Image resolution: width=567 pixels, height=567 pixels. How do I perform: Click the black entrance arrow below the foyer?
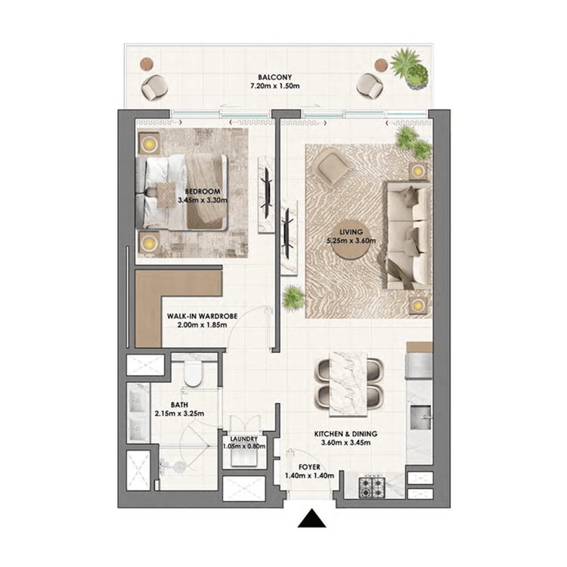pos(311,519)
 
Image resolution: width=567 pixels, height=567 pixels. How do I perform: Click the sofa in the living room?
pos(408,235)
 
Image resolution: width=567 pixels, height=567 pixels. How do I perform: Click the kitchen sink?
pos(420,415)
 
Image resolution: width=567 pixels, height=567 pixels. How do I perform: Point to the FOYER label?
pos(309,467)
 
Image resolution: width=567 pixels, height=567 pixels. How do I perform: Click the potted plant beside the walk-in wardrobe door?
pos(294,297)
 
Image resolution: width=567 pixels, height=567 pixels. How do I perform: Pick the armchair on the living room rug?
pos(331,166)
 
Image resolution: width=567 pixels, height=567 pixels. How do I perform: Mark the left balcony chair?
pos(155,87)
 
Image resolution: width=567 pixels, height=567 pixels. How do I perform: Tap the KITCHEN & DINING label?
pos(346,434)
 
